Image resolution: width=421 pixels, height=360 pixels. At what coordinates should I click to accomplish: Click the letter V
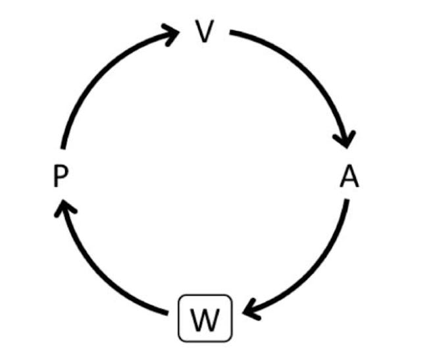(206, 31)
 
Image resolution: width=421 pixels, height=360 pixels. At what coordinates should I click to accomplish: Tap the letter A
(349, 177)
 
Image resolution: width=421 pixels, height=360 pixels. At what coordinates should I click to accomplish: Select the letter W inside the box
(205, 319)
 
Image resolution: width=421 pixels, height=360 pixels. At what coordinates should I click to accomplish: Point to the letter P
(59, 177)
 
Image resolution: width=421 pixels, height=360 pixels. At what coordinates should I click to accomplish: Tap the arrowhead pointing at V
(172, 33)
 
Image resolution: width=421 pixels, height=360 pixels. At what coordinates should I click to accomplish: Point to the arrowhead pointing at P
(64, 209)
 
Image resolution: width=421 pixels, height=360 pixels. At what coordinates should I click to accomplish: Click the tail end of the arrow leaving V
(232, 32)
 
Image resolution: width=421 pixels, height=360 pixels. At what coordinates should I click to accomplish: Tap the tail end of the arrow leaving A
(347, 200)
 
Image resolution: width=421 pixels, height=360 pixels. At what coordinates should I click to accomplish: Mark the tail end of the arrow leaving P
(62, 148)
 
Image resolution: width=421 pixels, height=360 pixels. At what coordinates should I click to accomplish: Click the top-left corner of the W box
(180, 296)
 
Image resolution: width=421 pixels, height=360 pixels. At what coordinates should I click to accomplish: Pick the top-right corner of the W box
(231, 296)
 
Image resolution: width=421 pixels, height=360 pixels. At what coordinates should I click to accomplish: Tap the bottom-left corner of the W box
(180, 341)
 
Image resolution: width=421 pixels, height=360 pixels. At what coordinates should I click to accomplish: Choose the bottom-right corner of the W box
(231, 341)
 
